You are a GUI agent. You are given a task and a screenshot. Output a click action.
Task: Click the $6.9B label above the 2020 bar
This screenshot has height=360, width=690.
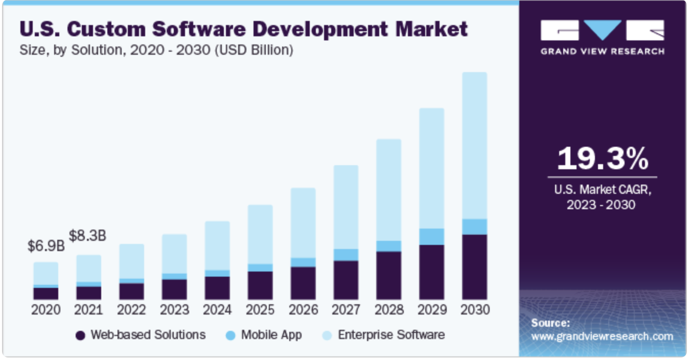(x=46, y=245)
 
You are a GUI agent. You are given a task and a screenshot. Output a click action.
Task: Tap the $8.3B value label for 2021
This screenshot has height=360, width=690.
(x=88, y=236)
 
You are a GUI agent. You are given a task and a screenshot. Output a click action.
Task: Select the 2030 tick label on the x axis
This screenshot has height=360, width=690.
(x=475, y=310)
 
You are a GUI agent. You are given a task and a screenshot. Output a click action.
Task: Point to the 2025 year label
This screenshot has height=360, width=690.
(x=260, y=310)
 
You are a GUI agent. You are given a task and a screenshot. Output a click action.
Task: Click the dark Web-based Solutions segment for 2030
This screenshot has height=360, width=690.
(x=475, y=267)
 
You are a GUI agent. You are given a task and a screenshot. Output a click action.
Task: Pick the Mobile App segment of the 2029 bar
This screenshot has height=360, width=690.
(x=432, y=236)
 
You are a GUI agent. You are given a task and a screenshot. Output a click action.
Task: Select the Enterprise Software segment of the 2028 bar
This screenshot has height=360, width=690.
(x=389, y=190)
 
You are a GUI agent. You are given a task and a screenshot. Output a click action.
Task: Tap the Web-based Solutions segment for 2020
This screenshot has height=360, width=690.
(x=46, y=294)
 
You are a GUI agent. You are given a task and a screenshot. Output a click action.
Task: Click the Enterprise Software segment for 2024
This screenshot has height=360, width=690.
(x=217, y=245)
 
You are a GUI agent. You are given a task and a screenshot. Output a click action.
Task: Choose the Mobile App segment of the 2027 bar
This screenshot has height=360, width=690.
(x=346, y=255)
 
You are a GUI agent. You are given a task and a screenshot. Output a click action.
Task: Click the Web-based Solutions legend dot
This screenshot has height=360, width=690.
(x=80, y=335)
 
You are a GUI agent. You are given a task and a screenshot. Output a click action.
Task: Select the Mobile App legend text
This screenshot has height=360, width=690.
(x=271, y=335)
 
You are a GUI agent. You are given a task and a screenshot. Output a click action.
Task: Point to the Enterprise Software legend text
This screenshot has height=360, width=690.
(x=391, y=335)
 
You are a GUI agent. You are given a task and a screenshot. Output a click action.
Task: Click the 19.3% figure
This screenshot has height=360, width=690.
(x=602, y=159)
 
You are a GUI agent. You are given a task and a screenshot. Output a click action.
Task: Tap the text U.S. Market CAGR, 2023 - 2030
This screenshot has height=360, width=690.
(x=602, y=197)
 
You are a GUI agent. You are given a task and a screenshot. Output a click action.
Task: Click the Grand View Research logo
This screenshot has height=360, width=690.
(x=602, y=37)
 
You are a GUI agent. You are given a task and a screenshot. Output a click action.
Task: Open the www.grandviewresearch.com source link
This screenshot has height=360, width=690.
(x=602, y=336)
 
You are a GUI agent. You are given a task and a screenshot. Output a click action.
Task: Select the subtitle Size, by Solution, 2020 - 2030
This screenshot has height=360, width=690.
(x=156, y=51)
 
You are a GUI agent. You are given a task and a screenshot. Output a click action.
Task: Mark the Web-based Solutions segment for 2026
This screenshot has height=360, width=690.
(x=303, y=283)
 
